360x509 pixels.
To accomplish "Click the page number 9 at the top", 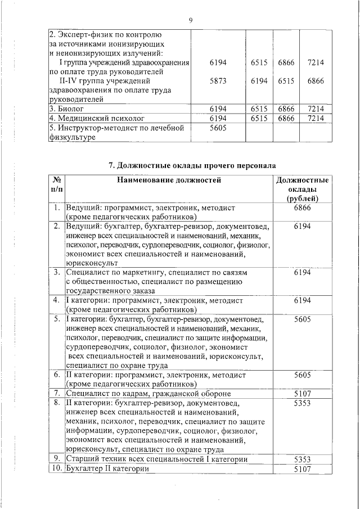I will pos(191,20).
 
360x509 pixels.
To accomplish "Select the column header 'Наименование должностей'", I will pos(169,181).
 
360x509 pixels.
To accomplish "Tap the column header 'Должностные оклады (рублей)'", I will pos(303,190).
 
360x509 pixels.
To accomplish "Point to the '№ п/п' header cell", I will pos(56,185).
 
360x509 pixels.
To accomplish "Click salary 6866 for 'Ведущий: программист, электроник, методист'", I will pos(302,208).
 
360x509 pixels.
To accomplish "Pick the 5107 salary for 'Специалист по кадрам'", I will pos(302,393).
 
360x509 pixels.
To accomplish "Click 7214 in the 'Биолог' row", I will pos(316,108).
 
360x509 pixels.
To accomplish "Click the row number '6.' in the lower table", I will pos(57,375).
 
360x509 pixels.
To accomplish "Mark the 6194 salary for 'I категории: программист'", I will pos(302,300).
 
